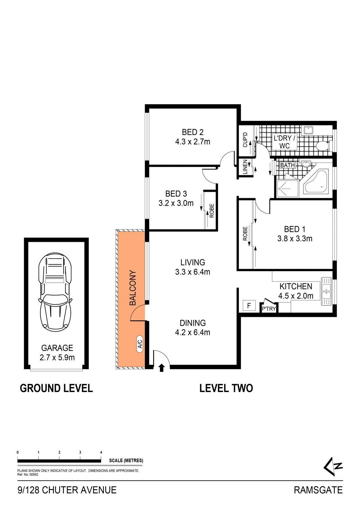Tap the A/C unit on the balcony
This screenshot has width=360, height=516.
140,344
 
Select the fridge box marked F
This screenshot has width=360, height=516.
249,306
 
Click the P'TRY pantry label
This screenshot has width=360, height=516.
269,309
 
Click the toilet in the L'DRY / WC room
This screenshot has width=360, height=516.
323,146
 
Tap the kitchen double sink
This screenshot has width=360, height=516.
326,291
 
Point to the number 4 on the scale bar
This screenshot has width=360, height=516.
101,452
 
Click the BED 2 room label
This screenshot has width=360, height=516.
192,132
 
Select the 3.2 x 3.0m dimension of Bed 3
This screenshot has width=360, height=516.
176,203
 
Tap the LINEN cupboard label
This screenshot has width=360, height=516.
245,167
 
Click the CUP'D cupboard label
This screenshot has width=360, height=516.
245,140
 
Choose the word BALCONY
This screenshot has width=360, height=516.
133,288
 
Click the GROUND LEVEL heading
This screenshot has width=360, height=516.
56,388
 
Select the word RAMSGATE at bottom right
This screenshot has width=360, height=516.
318,490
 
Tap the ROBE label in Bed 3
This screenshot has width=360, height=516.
212,211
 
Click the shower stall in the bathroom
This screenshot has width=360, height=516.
287,189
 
